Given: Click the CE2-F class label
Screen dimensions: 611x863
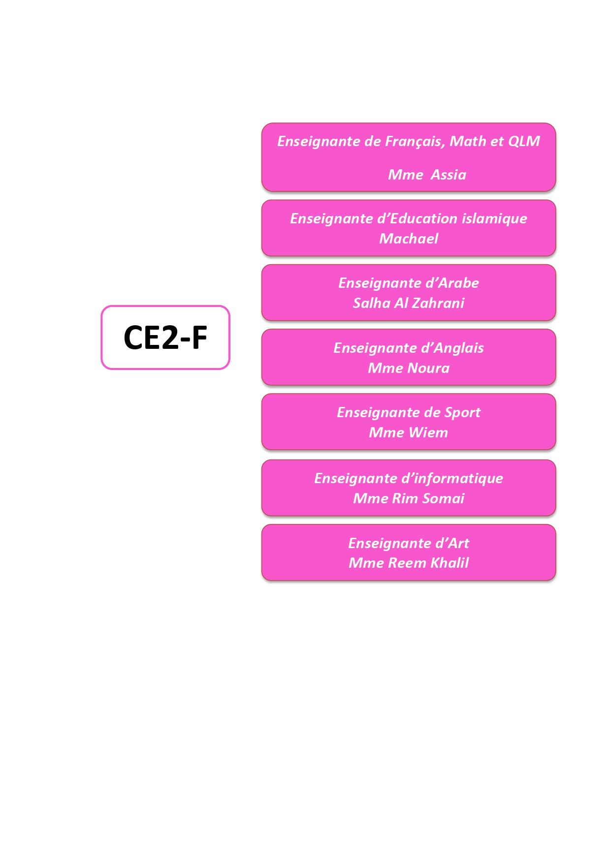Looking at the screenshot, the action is pos(165,338).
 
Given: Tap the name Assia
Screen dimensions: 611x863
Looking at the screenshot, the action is pos(449,175).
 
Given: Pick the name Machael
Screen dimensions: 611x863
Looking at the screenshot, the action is pos(409,239).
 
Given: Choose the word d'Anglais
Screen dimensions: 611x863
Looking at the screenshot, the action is pos(452,348).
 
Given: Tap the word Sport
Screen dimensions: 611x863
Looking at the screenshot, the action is pos(462,413).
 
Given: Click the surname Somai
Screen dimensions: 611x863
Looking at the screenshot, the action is pos(443,498).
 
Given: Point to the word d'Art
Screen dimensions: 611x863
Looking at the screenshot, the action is pos(452,543).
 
